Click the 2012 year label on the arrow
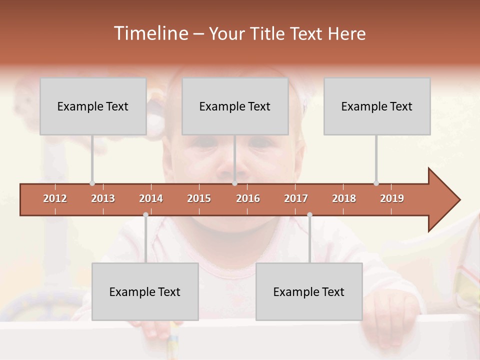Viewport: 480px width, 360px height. (x=55, y=198)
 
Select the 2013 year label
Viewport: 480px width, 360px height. (x=103, y=198)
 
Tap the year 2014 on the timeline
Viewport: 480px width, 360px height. (x=151, y=198)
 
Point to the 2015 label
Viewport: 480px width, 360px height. (x=199, y=198)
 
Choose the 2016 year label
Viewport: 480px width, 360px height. (x=248, y=198)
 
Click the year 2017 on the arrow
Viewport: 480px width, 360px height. (x=296, y=198)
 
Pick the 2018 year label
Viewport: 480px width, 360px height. (x=344, y=198)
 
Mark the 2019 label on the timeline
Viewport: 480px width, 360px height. (x=392, y=198)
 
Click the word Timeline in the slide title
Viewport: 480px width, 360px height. (x=150, y=33)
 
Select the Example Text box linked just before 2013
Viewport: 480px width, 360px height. (x=93, y=106)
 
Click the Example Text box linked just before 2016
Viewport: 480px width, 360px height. (x=235, y=106)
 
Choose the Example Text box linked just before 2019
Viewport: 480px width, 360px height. (x=377, y=106)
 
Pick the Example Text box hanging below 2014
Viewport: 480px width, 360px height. (x=145, y=291)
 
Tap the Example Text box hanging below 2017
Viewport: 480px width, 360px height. (x=309, y=291)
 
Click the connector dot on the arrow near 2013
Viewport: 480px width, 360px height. (x=92, y=183)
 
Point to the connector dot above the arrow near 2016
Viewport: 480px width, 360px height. (x=234, y=183)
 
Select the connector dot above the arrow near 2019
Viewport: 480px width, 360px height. (x=376, y=183)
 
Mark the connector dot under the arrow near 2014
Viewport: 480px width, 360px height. (x=145, y=215)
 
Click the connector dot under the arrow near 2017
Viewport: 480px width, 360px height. (x=309, y=215)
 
